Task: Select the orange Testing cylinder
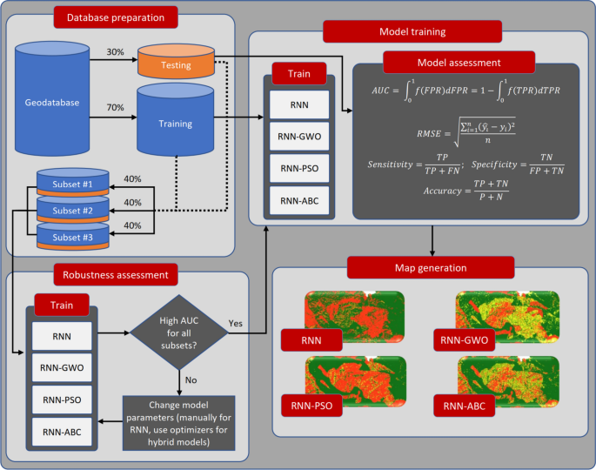[177, 64]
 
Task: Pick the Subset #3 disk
[72, 236]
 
